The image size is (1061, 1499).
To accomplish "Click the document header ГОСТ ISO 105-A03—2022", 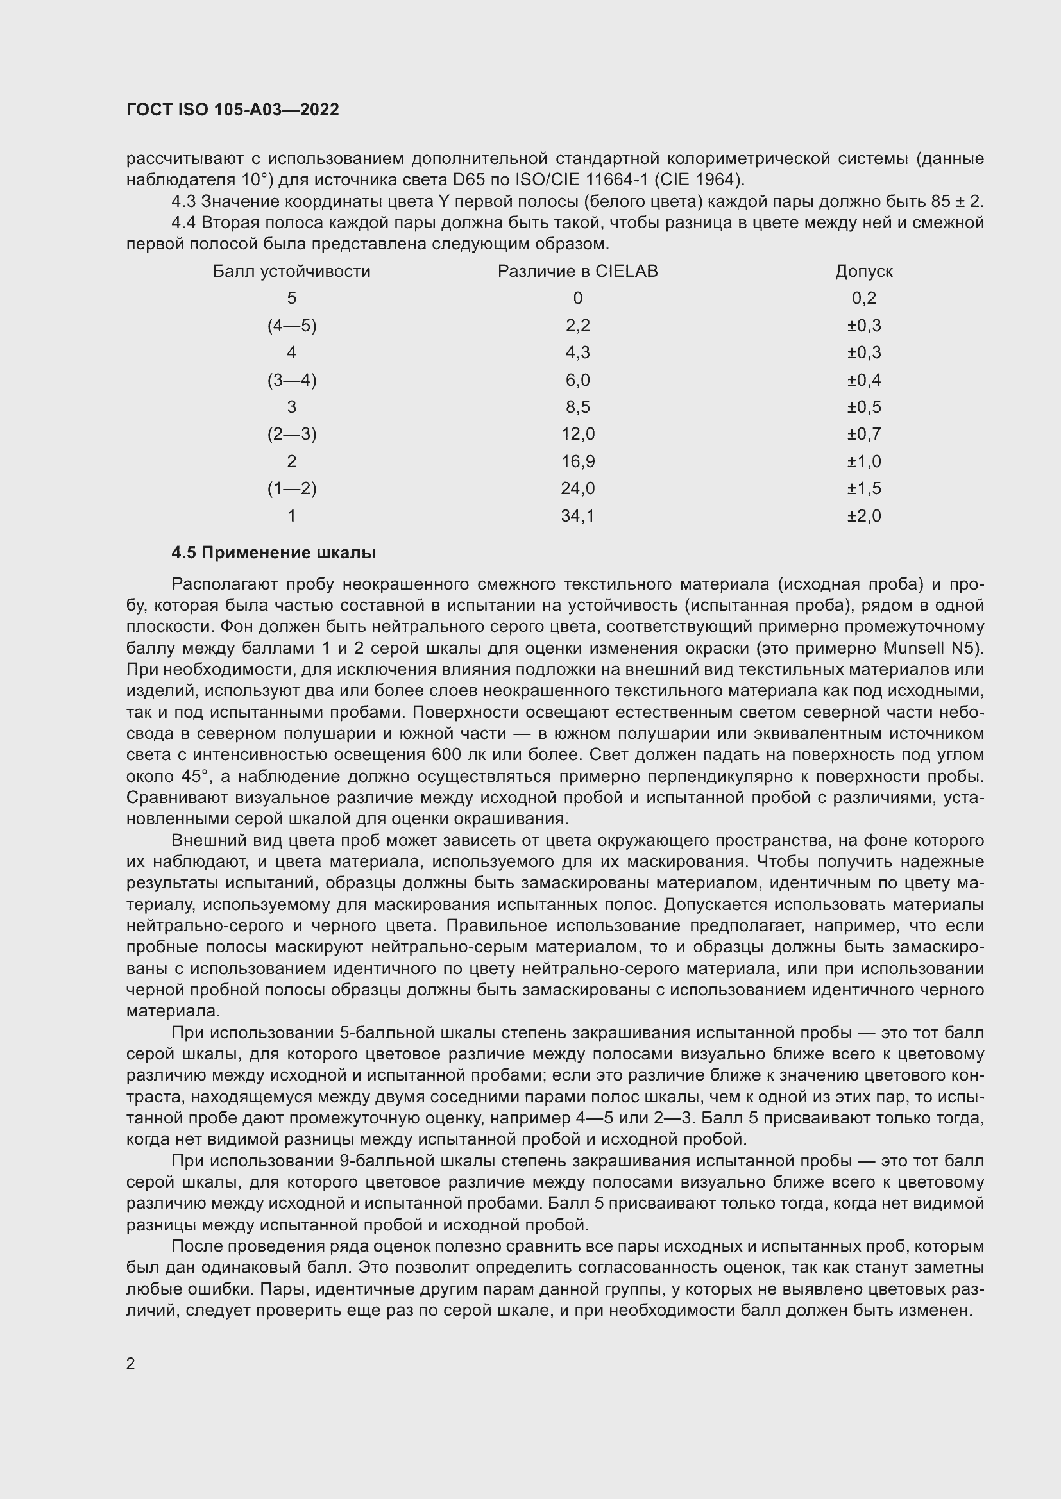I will coord(233,110).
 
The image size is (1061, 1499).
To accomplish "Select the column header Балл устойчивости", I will coord(291,272).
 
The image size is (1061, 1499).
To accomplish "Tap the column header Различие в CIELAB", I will coord(577,272).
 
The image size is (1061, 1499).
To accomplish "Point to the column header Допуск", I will coord(863,272).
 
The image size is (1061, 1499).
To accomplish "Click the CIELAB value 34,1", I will coord(577,517).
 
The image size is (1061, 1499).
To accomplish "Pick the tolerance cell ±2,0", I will coord(863,517).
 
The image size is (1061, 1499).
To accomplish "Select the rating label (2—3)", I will coord(291,435).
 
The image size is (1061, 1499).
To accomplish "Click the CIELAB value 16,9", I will coord(577,462).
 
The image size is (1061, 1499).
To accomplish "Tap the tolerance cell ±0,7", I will coord(863,435).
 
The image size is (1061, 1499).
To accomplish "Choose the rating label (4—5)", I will coord(291,326).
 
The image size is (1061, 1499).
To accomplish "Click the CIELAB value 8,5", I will coord(577,408).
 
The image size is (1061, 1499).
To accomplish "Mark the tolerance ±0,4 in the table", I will coord(863,380).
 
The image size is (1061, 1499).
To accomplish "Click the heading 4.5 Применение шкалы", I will coord(273,553).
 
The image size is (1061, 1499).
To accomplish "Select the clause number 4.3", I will coord(183,202).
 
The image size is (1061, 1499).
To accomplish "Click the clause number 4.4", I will coord(183,223).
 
